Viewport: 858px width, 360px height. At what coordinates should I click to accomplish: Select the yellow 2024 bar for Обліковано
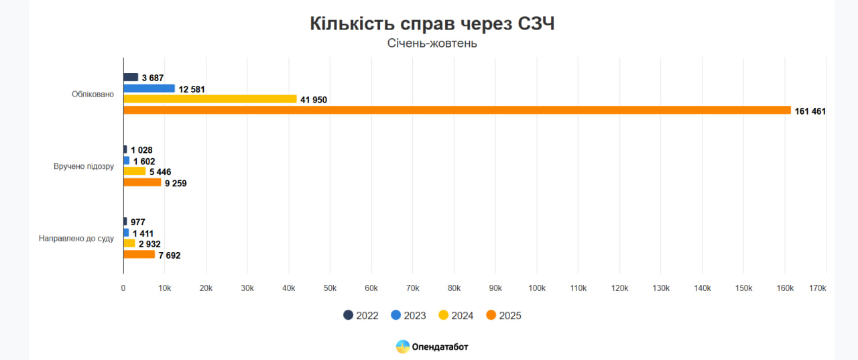(210, 99)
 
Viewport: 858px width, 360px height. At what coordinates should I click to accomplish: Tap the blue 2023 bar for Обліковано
(149, 88)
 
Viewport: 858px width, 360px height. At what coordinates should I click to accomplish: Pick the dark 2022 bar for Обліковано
(131, 77)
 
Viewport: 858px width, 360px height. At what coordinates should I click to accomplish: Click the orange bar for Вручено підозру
(142, 182)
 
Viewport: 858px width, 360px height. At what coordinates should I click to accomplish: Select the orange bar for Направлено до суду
(139, 255)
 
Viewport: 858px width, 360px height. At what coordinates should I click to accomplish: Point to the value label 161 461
(810, 111)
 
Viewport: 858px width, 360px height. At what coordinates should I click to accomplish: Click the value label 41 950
(314, 100)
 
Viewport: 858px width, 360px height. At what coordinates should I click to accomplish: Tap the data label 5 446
(160, 172)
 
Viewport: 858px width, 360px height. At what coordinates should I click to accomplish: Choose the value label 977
(137, 222)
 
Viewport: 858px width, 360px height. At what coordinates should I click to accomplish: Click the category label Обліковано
(93, 94)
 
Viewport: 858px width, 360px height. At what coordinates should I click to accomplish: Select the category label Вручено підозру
(84, 166)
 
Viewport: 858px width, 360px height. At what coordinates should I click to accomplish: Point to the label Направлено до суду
(76, 238)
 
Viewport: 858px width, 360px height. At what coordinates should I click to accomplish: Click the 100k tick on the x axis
(537, 288)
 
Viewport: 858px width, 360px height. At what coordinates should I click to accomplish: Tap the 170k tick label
(817, 288)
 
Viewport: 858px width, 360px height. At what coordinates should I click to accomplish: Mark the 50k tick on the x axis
(330, 288)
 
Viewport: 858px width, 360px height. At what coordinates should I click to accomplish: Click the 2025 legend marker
(491, 315)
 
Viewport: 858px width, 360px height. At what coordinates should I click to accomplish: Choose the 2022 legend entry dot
(348, 315)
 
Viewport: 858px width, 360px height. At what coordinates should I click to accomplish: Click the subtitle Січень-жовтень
(432, 44)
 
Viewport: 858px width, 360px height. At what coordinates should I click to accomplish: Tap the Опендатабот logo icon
(403, 347)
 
